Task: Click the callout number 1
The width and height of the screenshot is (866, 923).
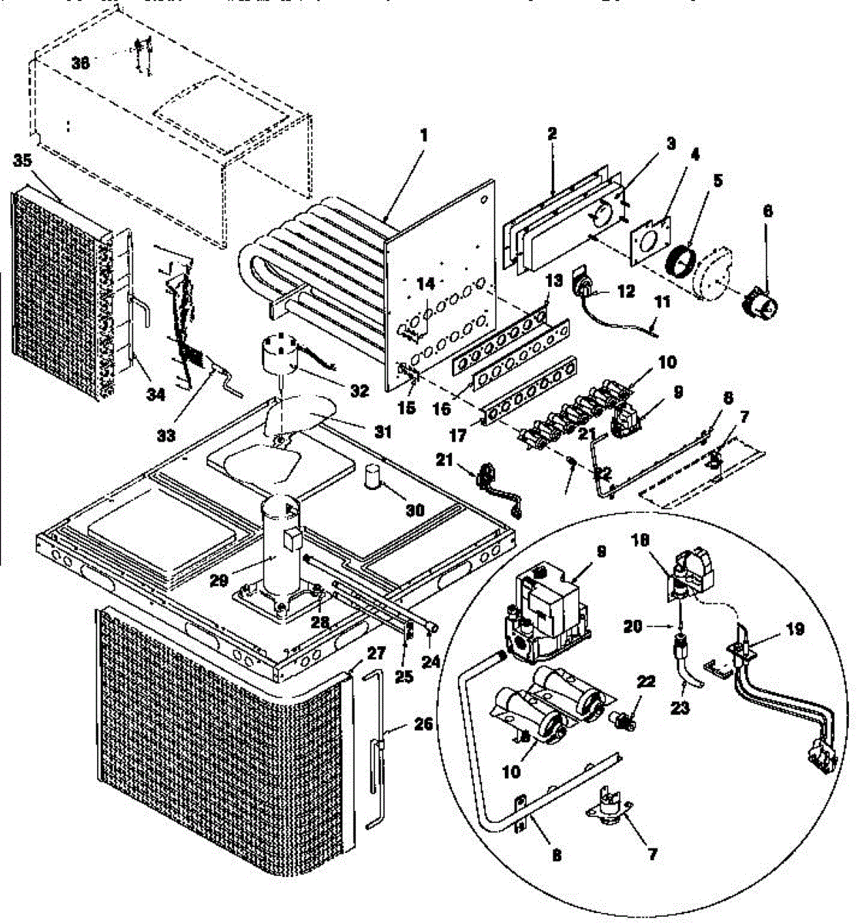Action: point(423,135)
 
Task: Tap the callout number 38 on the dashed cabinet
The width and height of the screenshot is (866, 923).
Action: point(80,64)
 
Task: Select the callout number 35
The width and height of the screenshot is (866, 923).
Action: point(23,161)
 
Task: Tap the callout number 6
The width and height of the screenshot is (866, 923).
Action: point(767,210)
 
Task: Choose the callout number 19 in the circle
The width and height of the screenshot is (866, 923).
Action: point(795,629)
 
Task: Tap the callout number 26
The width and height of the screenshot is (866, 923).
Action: point(423,724)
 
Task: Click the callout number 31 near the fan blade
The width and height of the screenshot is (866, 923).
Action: point(382,432)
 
